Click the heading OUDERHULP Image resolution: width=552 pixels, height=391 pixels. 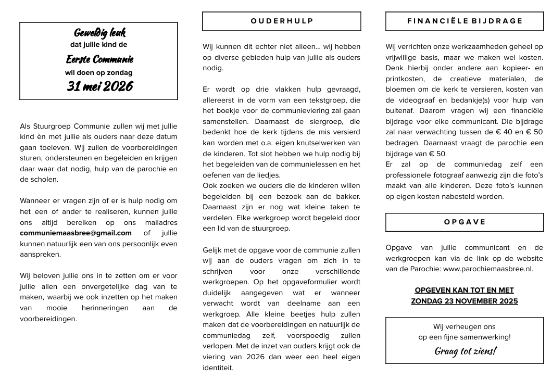(282, 21)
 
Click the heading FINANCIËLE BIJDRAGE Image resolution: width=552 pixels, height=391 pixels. (465, 21)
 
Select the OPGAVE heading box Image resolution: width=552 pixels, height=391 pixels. (465, 222)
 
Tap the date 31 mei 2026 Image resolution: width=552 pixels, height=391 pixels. (99, 86)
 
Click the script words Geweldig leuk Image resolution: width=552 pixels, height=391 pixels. (99, 33)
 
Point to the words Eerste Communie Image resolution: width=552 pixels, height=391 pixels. (99, 59)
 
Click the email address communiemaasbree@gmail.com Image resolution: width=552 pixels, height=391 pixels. (76, 233)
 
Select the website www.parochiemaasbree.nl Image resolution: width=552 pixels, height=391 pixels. (488, 269)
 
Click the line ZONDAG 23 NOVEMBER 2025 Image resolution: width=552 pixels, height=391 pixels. (465, 301)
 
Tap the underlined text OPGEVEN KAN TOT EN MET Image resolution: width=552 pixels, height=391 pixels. (465, 290)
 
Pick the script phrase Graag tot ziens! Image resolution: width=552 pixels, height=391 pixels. (465, 351)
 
